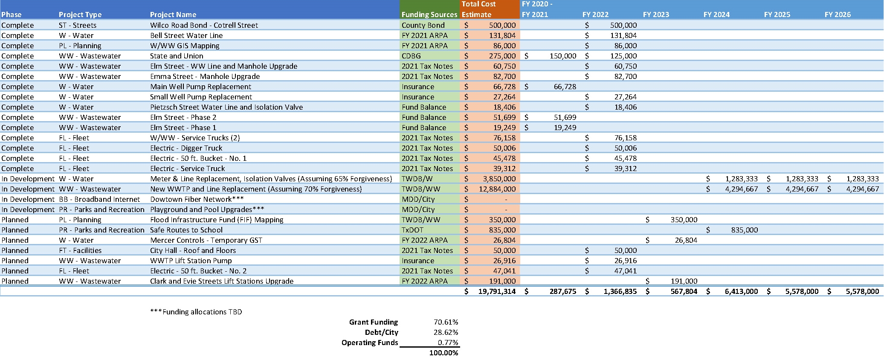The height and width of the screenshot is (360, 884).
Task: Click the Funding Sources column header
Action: tap(429, 15)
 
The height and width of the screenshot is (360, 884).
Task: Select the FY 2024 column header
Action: tap(716, 15)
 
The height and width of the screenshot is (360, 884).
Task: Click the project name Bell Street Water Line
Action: tap(186, 35)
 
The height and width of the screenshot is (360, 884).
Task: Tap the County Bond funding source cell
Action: tap(423, 25)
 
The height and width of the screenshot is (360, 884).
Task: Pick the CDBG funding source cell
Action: tap(411, 56)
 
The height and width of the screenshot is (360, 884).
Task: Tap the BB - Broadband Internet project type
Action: tap(99, 199)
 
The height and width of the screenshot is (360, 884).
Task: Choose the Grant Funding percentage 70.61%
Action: tap(446, 322)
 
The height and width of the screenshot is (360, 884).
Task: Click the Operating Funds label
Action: tap(370, 343)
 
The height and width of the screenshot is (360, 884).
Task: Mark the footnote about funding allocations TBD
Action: tap(196, 312)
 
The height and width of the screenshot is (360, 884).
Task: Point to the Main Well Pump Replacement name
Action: tap(200, 87)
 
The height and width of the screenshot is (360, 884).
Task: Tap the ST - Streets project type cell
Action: tap(78, 25)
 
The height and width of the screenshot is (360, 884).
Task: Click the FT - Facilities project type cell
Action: tap(80, 250)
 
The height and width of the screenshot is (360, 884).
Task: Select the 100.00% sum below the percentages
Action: tap(444, 353)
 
